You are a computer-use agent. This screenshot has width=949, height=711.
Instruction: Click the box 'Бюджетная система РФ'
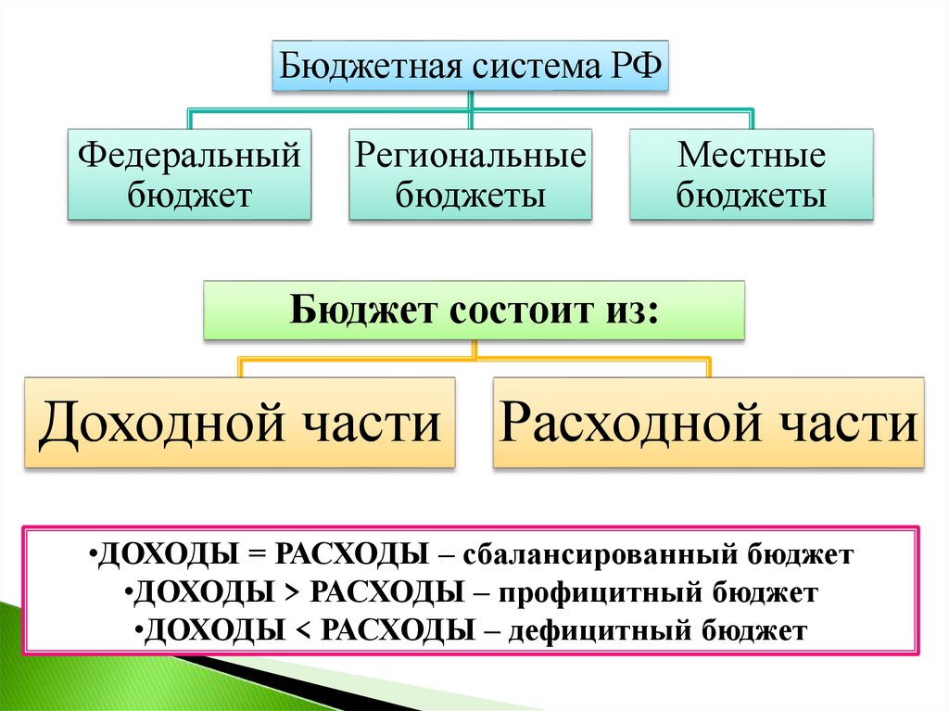[470, 66]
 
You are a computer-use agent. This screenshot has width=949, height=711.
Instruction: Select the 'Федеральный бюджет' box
[189, 174]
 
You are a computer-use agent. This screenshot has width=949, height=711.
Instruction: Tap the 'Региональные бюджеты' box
[470, 174]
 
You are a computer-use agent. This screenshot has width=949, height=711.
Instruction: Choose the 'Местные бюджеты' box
[751, 174]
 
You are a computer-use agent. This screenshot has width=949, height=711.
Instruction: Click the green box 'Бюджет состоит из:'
[474, 310]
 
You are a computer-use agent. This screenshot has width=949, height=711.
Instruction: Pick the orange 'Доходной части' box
[240, 422]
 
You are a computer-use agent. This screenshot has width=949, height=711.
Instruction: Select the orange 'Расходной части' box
[709, 422]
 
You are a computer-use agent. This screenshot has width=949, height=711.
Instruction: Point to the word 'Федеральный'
[189, 154]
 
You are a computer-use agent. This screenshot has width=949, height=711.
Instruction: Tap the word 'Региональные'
[470, 154]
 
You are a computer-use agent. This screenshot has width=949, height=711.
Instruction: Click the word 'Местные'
[751, 154]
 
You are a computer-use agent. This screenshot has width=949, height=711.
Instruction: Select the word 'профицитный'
[597, 593]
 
